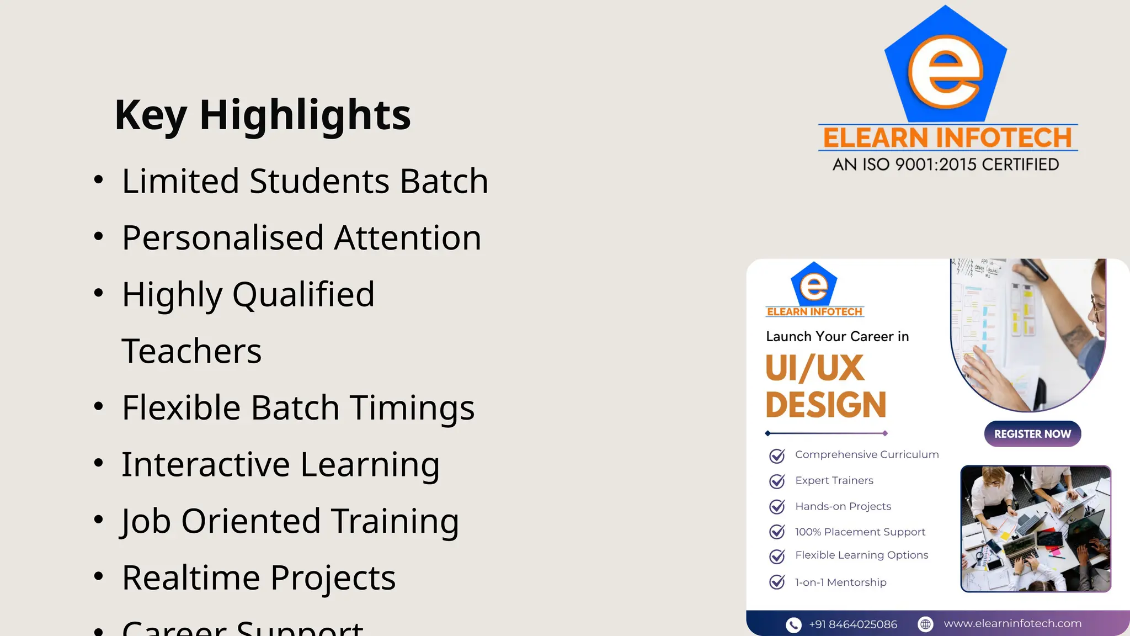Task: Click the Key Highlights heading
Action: tap(263, 115)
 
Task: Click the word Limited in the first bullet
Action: tap(180, 181)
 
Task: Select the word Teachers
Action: tap(191, 351)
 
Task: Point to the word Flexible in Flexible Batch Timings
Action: tap(181, 407)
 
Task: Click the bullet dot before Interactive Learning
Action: tap(99, 463)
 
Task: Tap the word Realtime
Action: tap(190, 578)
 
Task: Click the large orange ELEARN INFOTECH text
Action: tap(947, 138)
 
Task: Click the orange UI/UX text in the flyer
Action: tap(814, 368)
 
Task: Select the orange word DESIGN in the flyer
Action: tap(826, 405)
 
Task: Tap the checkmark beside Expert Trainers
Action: tap(777, 481)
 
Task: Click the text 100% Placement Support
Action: tap(860, 532)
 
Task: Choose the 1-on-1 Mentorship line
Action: tap(840, 582)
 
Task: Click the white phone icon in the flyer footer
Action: tap(793, 624)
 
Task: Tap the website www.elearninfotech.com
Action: tap(1012, 623)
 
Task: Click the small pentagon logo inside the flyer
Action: tap(814, 284)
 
